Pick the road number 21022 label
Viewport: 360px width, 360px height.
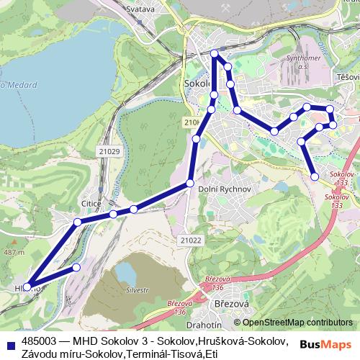click(x=192, y=240)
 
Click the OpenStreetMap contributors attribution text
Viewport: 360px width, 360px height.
click(x=297, y=323)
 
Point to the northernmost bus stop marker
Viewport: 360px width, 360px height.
click(x=214, y=53)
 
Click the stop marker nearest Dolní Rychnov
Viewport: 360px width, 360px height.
click(x=190, y=183)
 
